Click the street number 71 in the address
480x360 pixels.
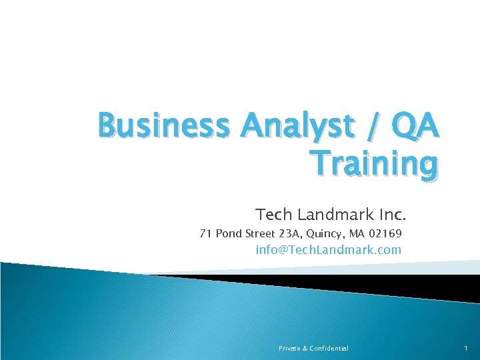(206, 234)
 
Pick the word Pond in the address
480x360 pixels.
(229, 234)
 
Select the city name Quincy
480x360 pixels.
(325, 235)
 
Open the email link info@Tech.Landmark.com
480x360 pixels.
(329, 250)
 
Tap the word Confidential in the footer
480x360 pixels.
(329, 348)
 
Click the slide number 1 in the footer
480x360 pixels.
(465, 348)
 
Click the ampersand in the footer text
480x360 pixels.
(305, 348)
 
